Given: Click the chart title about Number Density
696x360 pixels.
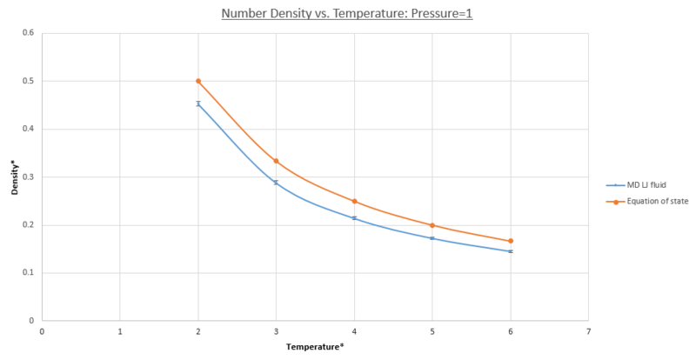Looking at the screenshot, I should pos(347,14).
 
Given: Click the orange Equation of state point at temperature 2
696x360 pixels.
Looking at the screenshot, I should pos(198,81).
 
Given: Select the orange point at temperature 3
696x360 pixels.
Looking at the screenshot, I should pos(276,161).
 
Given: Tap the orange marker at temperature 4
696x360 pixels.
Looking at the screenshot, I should pos(354,201).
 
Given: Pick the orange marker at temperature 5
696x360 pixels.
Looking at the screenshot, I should pos(432,225).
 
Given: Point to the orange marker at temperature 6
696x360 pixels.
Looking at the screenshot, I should pos(511,241).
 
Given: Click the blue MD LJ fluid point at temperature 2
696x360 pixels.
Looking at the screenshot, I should pos(198,103).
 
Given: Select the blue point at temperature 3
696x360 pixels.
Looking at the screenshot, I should pos(276,183).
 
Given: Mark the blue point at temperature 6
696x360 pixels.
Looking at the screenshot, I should pos(511,251).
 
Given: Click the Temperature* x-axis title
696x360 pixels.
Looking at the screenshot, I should pos(315,347).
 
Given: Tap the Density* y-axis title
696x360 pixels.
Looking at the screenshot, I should pos(15,177).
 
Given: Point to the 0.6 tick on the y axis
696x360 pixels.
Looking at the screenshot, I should pos(29,33).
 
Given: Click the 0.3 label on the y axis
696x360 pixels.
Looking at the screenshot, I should pos(29,177).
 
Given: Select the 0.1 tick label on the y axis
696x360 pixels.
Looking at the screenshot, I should pos(29,273).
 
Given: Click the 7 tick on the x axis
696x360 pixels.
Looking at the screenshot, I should pos(588,331).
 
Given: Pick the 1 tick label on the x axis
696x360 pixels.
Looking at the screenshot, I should pos(120,331).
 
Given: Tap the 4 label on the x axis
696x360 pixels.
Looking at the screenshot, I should pos(354,331).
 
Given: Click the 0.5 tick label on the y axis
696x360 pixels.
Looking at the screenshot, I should pos(29,81).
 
